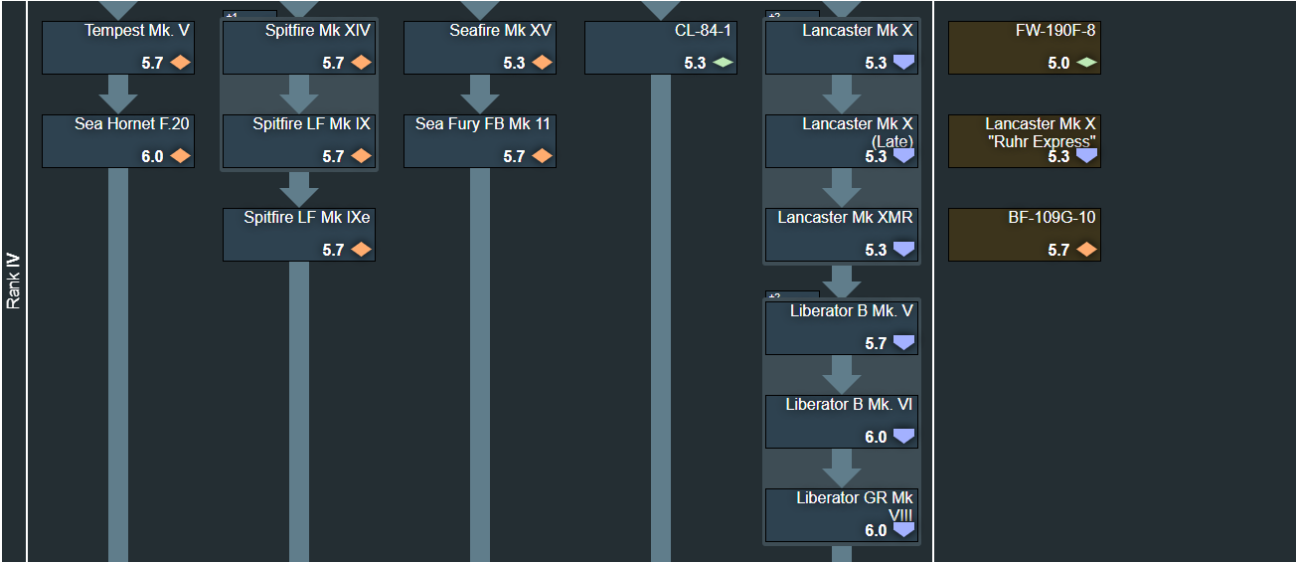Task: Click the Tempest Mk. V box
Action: (118, 48)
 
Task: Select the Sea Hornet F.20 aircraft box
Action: (118, 141)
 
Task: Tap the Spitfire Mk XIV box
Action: (299, 48)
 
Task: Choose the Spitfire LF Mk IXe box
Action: (299, 235)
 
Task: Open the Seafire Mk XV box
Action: (480, 48)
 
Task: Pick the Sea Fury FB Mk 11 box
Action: (480, 141)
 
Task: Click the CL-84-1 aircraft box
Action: (661, 48)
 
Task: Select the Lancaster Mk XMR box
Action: (842, 235)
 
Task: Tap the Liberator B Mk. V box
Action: (842, 328)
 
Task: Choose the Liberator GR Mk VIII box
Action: (842, 515)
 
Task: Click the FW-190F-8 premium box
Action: (1025, 48)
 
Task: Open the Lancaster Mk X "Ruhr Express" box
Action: (1025, 141)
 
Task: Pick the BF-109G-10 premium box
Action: (1025, 235)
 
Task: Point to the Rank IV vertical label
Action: (13, 281)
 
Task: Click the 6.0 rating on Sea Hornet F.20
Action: (152, 156)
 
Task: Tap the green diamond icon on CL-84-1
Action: (724, 62)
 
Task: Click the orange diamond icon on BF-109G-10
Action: (1086, 249)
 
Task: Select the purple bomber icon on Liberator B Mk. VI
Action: (904, 436)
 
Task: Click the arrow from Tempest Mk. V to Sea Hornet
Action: (118, 94)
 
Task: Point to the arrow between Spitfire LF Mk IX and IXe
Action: (299, 189)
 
